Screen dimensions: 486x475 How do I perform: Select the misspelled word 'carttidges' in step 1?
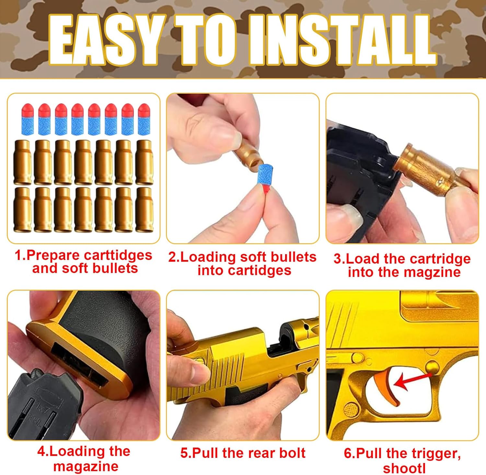(x=118, y=256)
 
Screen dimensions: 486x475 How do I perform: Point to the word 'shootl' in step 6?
(x=404, y=468)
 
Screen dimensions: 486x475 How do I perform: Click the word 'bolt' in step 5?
(x=291, y=453)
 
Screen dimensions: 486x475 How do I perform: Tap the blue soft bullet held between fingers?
(x=265, y=177)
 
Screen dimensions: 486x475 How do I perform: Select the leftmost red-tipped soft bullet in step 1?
(x=28, y=119)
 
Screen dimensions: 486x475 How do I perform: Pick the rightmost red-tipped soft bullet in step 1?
(x=144, y=119)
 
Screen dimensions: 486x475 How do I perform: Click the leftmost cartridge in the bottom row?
(x=23, y=209)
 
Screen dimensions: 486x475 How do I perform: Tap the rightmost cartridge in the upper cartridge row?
(x=144, y=162)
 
